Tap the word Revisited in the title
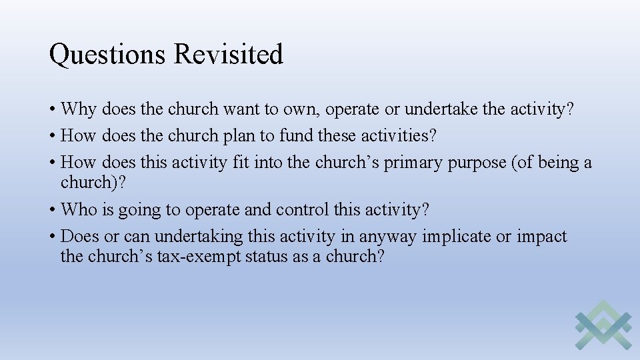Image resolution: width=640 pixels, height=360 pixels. coord(228,55)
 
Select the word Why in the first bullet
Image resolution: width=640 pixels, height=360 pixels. coord(79,109)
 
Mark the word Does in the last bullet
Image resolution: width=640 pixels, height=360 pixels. coord(81,237)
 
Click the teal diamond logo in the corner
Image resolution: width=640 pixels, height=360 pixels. coord(603,325)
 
